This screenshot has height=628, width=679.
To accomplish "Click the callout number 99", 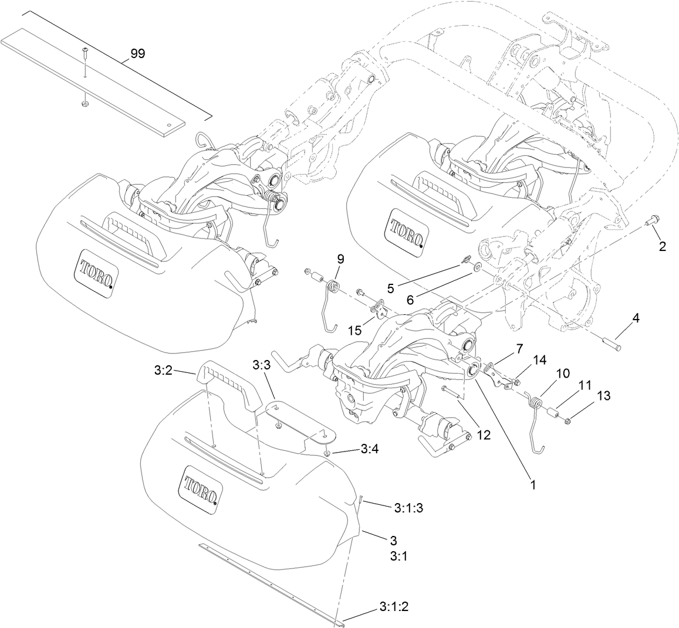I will [x=138, y=54].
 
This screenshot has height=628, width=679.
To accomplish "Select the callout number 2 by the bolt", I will [x=662, y=246].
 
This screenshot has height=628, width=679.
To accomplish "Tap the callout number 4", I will [x=636, y=318].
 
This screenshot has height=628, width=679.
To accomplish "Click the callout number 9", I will [x=340, y=258].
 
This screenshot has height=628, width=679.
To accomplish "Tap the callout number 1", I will [x=533, y=486].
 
